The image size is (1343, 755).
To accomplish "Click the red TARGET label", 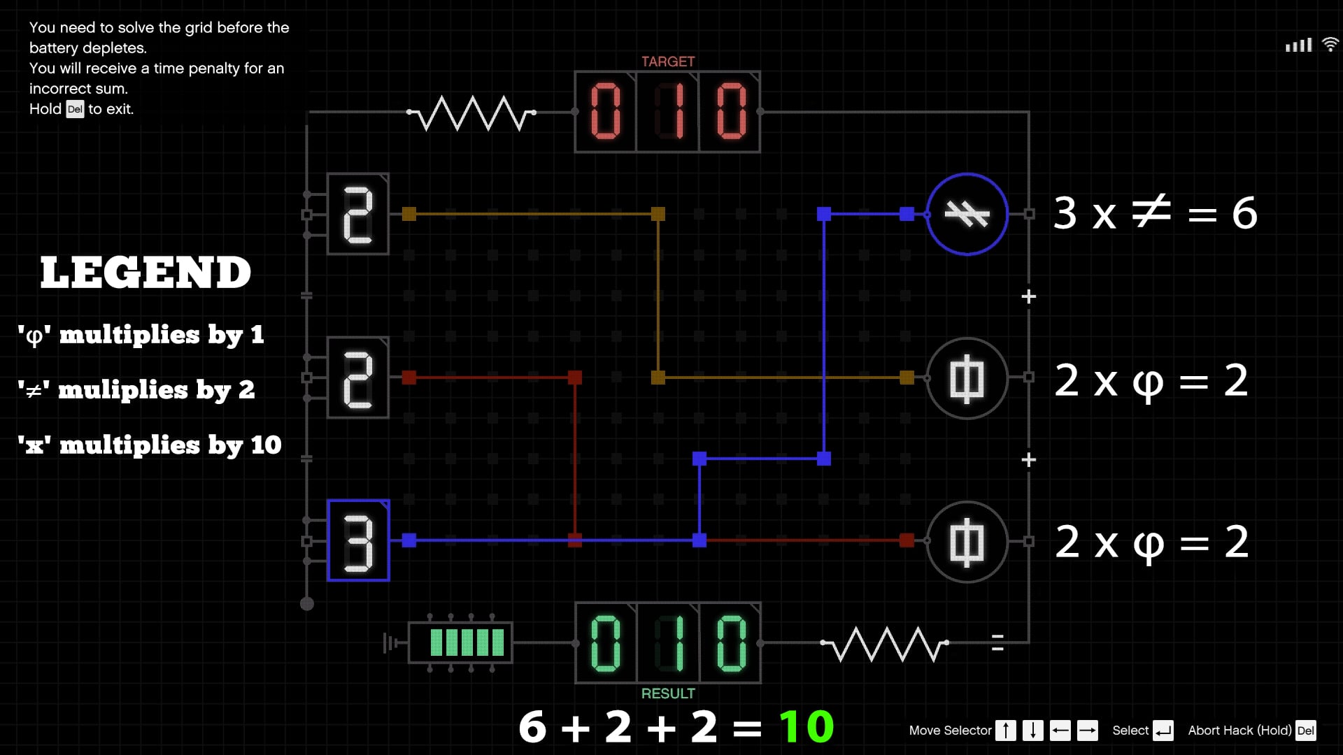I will (x=667, y=62).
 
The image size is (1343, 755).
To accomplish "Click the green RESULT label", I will (x=667, y=693).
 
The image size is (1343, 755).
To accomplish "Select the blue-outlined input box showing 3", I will (x=358, y=540).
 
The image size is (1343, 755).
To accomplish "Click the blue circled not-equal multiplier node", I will (x=967, y=214).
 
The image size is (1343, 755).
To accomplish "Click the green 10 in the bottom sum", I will (x=806, y=726).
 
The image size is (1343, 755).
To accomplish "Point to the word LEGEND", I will (x=145, y=272).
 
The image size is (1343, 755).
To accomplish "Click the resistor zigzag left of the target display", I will (x=471, y=113).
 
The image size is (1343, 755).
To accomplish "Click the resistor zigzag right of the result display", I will (x=885, y=643).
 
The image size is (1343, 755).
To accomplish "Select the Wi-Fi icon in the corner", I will (x=1330, y=45).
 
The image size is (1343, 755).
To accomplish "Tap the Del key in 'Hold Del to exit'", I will (x=75, y=109).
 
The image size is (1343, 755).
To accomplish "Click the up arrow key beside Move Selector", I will (x=1005, y=731).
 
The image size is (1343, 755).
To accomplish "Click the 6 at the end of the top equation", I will (x=1244, y=213).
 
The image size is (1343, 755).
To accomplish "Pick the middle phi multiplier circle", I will (x=967, y=378).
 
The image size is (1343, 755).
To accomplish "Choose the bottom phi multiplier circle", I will (x=967, y=542).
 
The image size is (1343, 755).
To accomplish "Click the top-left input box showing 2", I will (x=358, y=214).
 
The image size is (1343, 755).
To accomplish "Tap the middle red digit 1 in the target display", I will (x=667, y=112).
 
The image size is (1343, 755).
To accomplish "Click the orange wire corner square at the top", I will (x=658, y=214).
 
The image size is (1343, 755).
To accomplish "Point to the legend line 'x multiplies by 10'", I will (x=150, y=445).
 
